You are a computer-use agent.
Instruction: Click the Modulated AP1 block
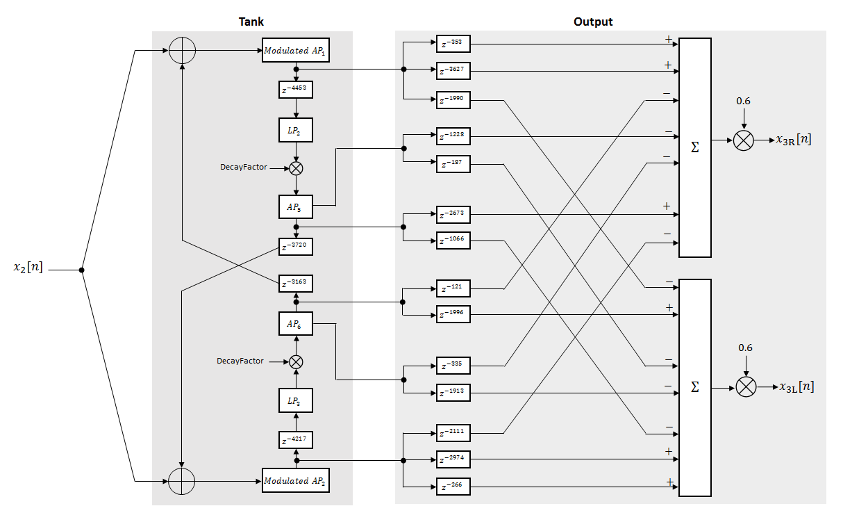pyautogui.click(x=295, y=51)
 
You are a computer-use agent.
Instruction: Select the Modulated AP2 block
pyautogui.click(x=295, y=480)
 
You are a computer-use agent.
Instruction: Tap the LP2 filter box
pyautogui.click(x=297, y=129)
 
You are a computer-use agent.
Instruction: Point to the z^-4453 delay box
pyautogui.click(x=297, y=89)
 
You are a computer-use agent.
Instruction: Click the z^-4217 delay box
pyautogui.click(x=297, y=440)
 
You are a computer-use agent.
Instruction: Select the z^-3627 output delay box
pyautogui.click(x=453, y=70)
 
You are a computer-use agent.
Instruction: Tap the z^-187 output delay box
pyautogui.click(x=453, y=164)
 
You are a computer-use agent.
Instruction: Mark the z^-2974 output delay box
pyautogui.click(x=453, y=459)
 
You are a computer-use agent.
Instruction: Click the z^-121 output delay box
pyautogui.click(x=453, y=288)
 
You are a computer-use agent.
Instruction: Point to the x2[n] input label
pyautogui.click(x=28, y=268)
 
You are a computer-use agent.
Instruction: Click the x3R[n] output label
pyautogui.click(x=793, y=140)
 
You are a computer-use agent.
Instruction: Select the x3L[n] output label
pyautogui.click(x=796, y=387)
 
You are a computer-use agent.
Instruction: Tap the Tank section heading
pyautogui.click(x=251, y=22)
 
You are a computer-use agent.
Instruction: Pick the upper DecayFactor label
pyautogui.click(x=243, y=168)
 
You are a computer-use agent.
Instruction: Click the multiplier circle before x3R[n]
pyautogui.click(x=743, y=140)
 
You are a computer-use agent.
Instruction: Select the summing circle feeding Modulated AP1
pyautogui.click(x=182, y=51)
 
